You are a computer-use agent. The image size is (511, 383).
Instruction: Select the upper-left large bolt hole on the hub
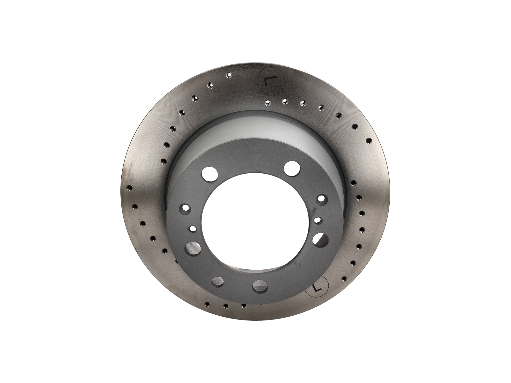click(210, 174)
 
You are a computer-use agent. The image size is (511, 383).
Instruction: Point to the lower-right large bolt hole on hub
click(320, 239)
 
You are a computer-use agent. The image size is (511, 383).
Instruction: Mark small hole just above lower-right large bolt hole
click(318, 220)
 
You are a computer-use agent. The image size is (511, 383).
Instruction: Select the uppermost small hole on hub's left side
click(185, 209)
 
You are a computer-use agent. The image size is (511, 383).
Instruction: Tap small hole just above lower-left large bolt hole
click(193, 229)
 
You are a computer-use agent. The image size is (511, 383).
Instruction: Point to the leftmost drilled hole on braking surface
click(129, 188)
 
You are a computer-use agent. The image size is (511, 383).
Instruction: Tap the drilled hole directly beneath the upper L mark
click(268, 102)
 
